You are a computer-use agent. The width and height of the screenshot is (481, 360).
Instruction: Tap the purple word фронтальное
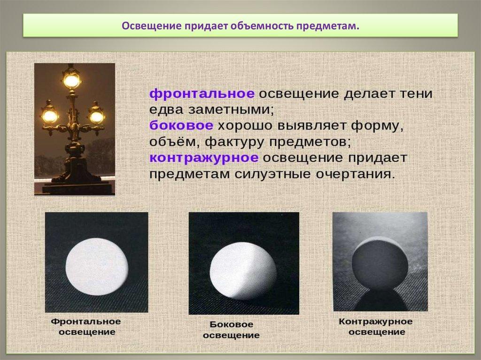[x=202, y=93]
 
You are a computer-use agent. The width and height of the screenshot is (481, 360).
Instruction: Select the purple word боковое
[x=181, y=126]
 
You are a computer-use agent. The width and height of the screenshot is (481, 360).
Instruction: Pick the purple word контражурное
[x=204, y=158]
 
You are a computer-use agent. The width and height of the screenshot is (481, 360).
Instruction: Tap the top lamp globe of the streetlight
[x=71, y=80]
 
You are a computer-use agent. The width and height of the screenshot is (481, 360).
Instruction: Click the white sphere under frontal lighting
[x=97, y=266]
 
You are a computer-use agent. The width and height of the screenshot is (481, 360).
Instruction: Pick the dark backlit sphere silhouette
[x=380, y=265]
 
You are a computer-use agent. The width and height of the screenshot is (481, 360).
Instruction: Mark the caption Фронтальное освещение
[x=85, y=327]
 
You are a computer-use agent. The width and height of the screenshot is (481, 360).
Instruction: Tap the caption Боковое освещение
[x=231, y=330]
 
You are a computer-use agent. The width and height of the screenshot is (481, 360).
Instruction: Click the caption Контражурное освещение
[x=375, y=327]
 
